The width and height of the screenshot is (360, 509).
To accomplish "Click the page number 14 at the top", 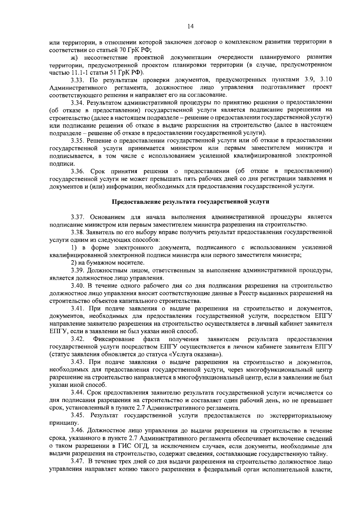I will (x=190, y=27).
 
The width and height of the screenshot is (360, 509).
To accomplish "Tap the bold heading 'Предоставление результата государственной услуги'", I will (x=190, y=202).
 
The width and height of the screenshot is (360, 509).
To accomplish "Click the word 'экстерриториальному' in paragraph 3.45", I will (x=301, y=416).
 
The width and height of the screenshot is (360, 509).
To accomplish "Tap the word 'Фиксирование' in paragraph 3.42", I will (x=114, y=339).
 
